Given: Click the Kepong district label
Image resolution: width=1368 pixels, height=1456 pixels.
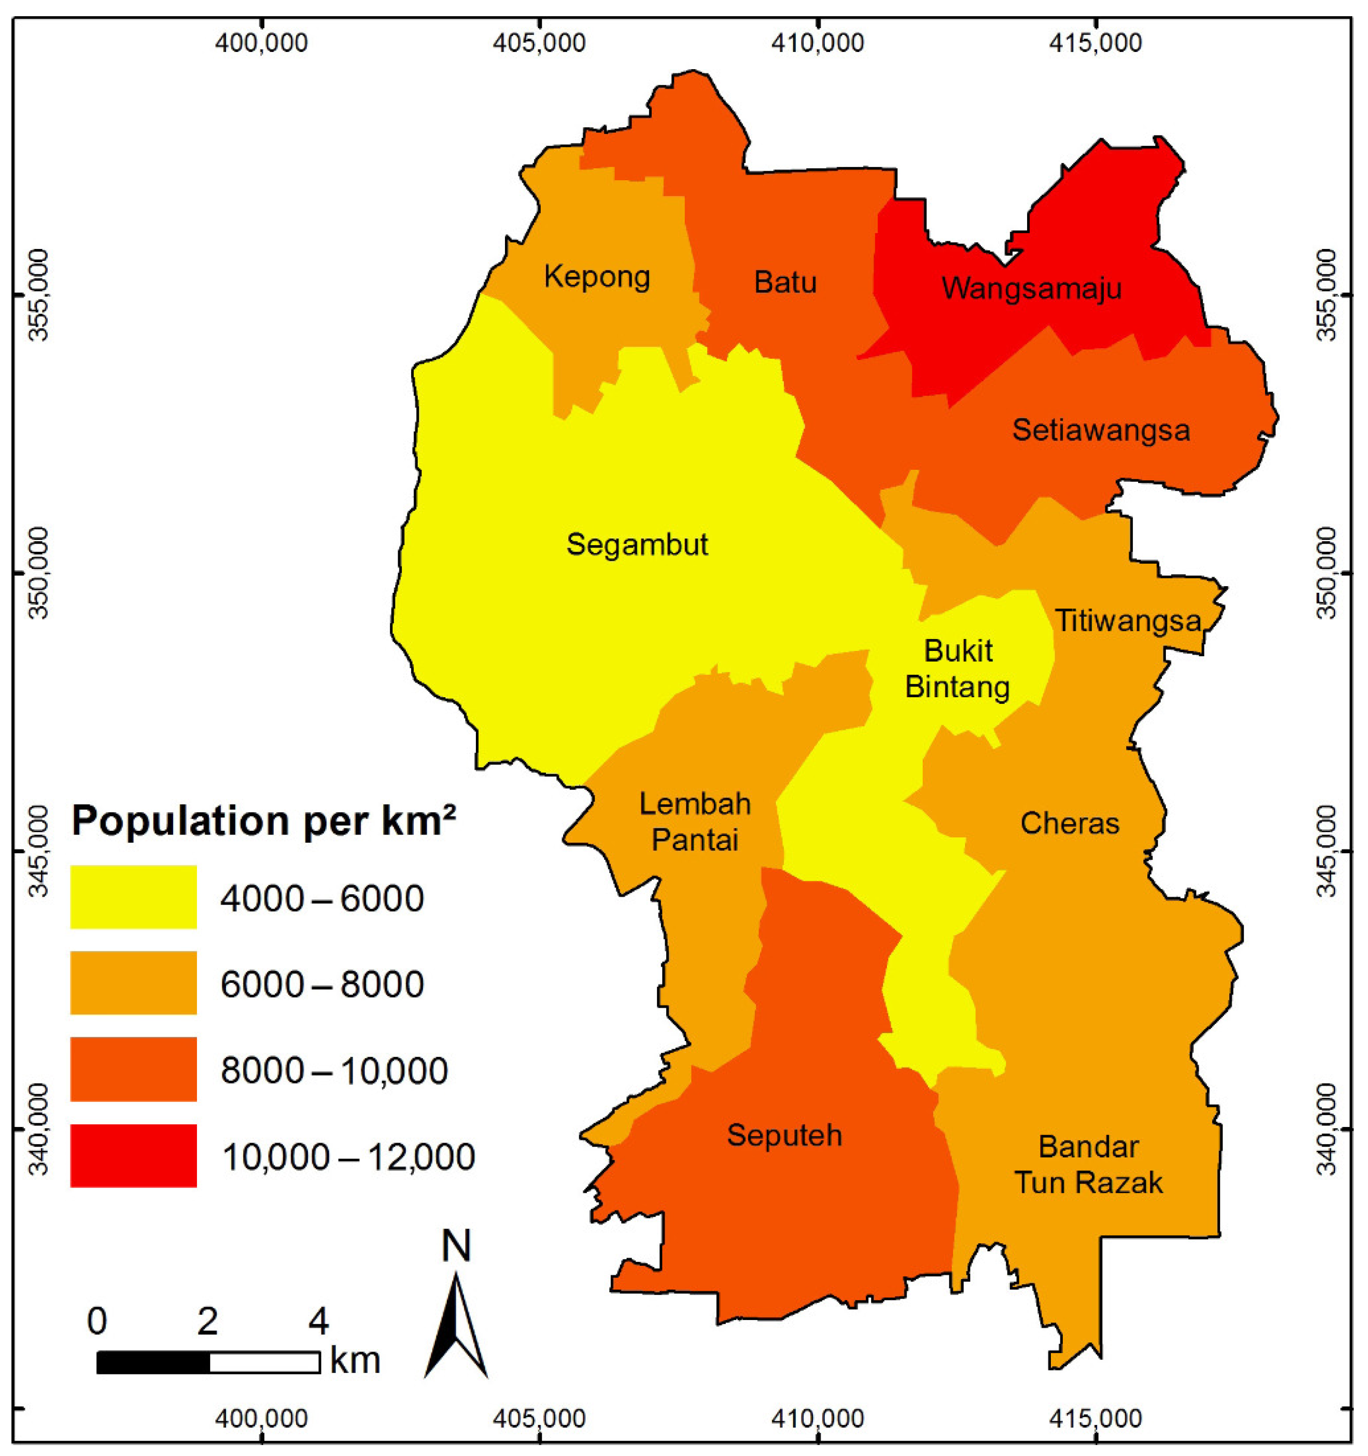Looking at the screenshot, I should pos(597,277).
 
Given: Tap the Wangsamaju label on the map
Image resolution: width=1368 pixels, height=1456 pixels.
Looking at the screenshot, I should pos(1031,288).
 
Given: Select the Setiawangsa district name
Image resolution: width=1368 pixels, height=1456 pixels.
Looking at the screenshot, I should pos(1101,430).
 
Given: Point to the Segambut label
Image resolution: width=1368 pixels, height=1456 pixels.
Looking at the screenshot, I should pos(637,545).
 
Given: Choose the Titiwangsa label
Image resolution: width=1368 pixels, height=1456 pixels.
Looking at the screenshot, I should pos(1128,621).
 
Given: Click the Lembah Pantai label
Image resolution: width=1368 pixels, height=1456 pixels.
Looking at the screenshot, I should pos(695,822).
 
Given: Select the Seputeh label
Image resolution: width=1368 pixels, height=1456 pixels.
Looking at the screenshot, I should pos(784,1135).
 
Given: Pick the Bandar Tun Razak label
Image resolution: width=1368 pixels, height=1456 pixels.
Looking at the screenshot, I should pos(1088,1165).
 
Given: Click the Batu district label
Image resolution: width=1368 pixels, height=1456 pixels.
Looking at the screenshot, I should pos(785,282).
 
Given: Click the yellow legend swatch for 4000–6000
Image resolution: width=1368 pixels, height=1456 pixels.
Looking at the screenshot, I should pos(134,897).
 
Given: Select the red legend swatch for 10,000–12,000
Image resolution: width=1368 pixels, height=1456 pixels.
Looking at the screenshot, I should pos(134,1156).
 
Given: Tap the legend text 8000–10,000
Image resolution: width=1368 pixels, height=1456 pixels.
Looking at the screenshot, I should pos(334,1071).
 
